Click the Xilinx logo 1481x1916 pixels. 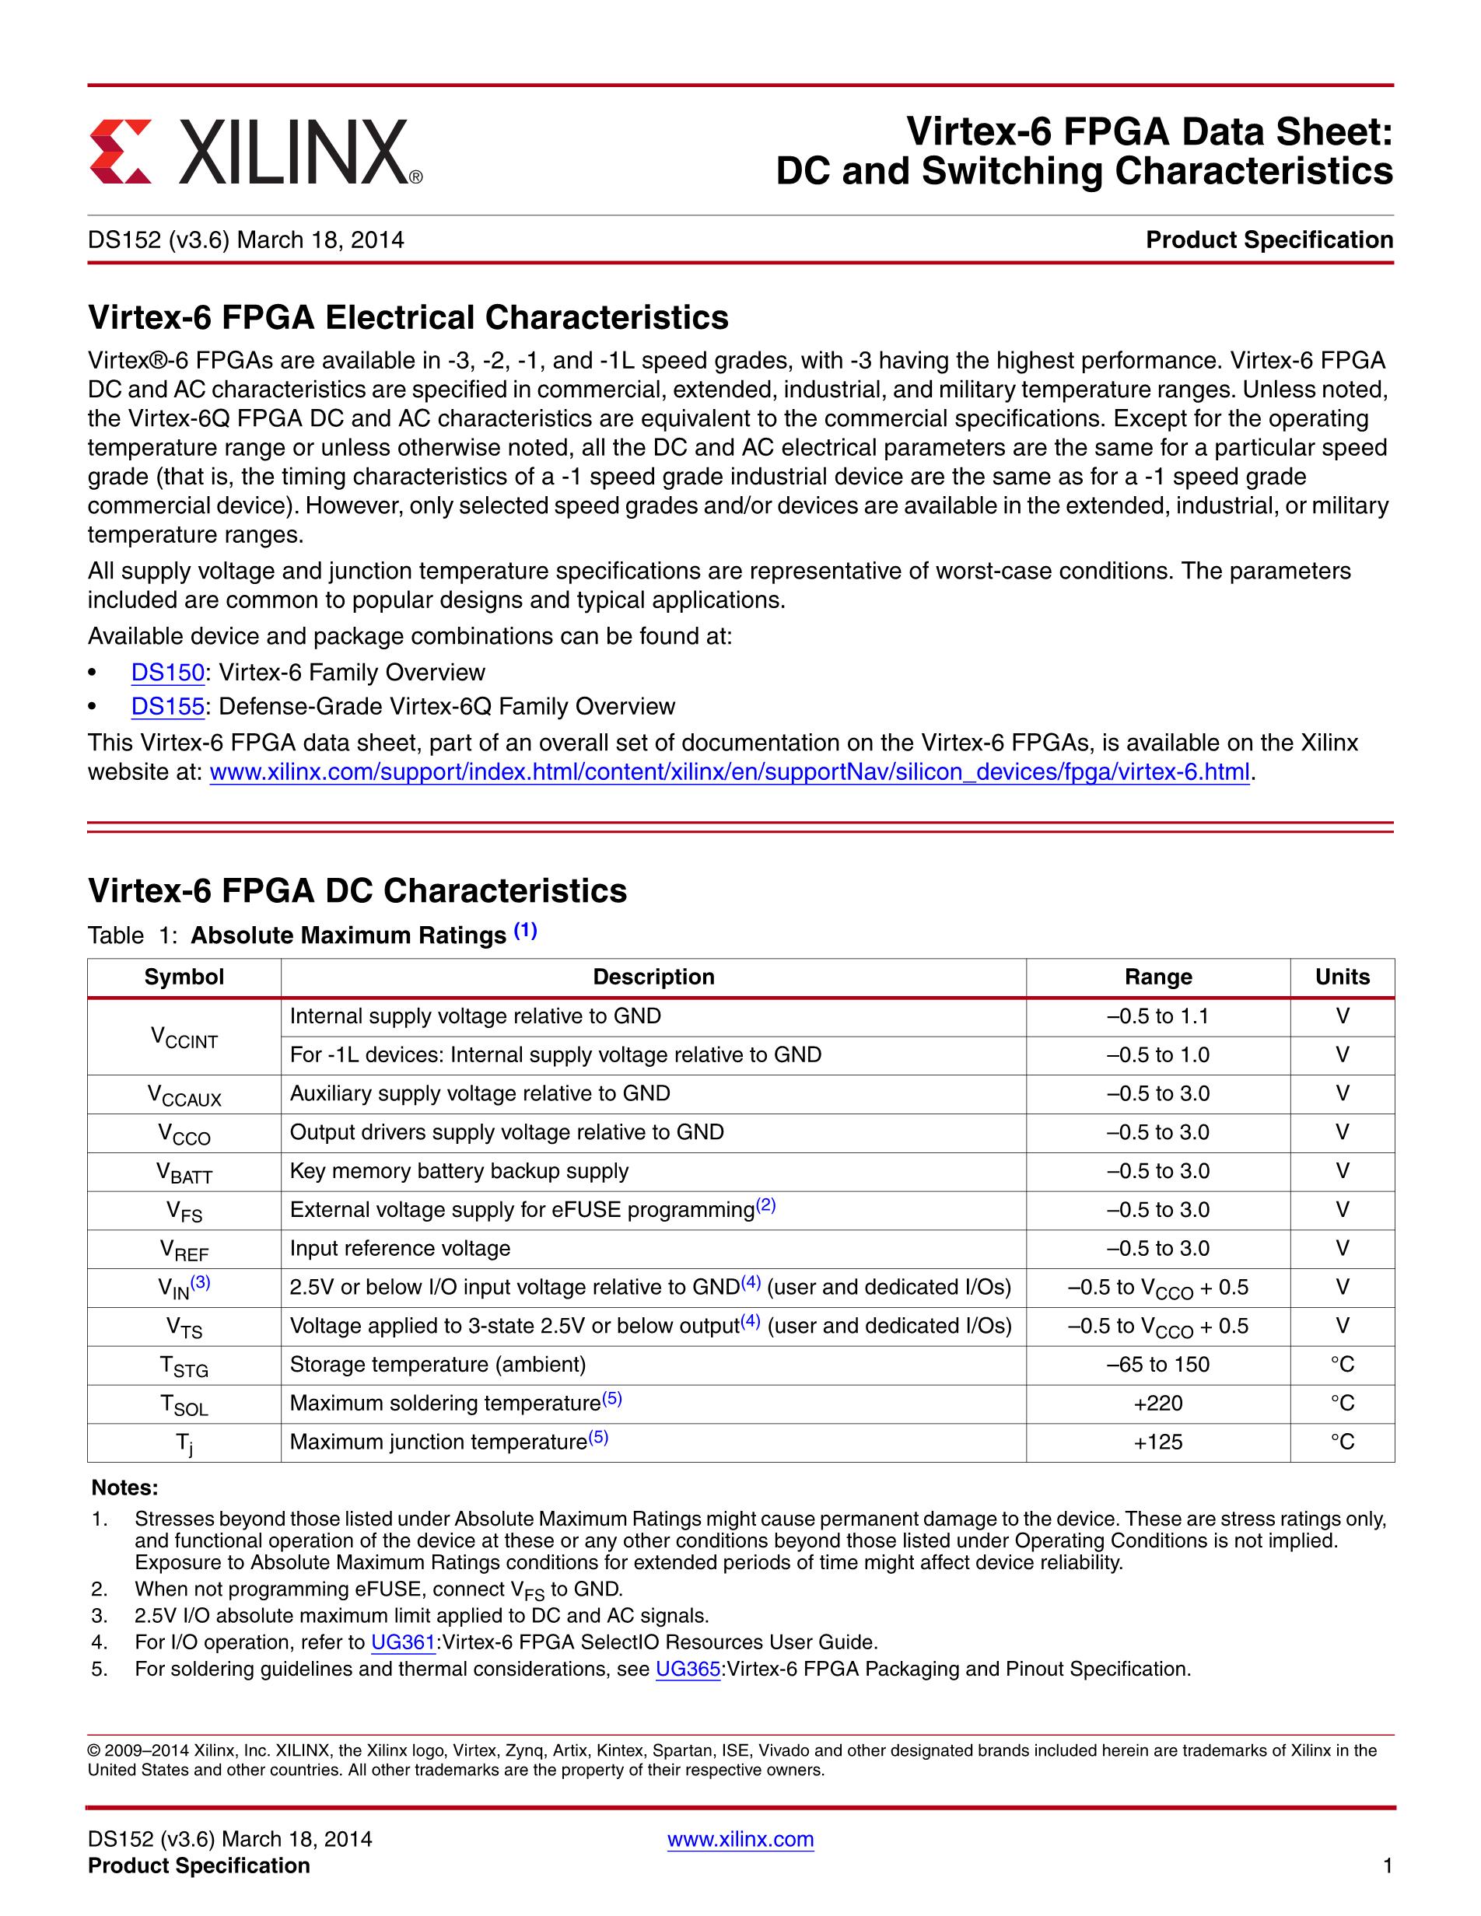tap(255, 152)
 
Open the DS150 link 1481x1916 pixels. tap(167, 672)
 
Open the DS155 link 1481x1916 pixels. tap(167, 706)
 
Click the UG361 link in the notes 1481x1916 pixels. tap(403, 1642)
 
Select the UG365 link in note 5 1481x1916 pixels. tap(688, 1669)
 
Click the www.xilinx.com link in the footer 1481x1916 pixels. tap(740, 1839)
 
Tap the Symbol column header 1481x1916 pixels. tap(184, 977)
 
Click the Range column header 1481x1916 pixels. tap(1158, 977)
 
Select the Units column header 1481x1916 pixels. tap(1342, 977)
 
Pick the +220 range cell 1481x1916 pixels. tap(1158, 1403)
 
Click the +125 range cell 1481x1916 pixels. tap(1158, 1442)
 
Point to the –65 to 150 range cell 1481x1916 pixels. tap(1158, 1364)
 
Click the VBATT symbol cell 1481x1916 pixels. tap(184, 1172)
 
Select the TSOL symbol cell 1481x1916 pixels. tap(184, 1404)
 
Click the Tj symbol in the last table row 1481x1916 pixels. tap(184, 1443)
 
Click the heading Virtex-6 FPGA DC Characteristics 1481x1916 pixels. tap(357, 890)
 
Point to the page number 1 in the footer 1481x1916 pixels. tap(1387, 1866)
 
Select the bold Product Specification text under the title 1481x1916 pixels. tap(1269, 239)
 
